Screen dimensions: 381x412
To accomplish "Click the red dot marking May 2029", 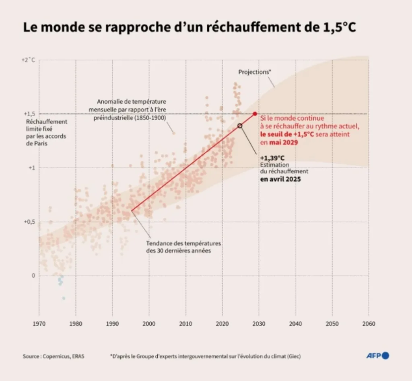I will click(x=255, y=114).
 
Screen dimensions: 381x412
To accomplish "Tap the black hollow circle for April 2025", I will click(x=240, y=126).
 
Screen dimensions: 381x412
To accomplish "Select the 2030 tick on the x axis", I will click(x=259, y=323).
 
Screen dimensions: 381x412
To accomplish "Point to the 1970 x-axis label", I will click(x=39, y=323).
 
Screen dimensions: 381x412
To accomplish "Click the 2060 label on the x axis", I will click(x=369, y=323).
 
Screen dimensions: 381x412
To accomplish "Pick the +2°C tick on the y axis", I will click(x=28, y=60).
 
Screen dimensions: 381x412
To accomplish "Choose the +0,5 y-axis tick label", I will click(x=30, y=222).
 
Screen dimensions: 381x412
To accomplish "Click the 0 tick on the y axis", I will click(x=34, y=276).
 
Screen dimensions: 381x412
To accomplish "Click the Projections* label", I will click(x=255, y=72).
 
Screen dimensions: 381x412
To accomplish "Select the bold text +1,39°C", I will click(x=272, y=158).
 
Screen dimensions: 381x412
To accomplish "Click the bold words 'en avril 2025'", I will click(x=280, y=179).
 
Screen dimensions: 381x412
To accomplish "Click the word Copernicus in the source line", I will click(x=56, y=356).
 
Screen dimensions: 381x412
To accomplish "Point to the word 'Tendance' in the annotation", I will click(x=159, y=244).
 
